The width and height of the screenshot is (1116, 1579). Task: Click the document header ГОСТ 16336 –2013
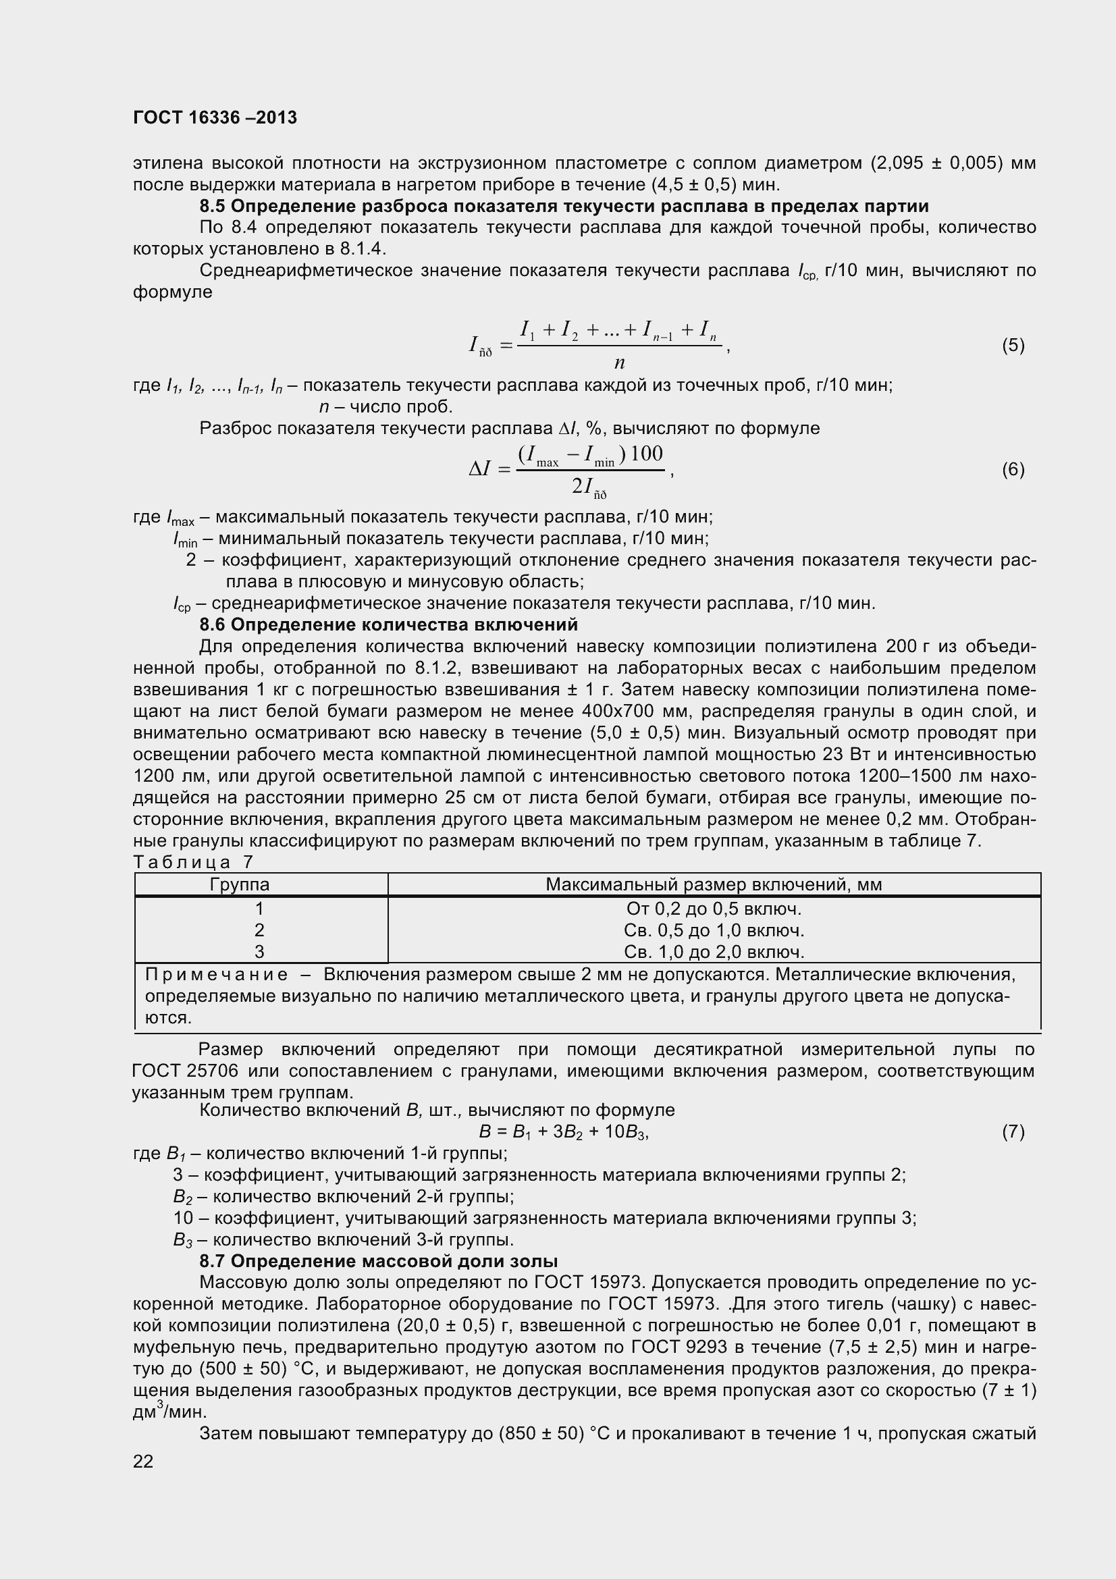215,117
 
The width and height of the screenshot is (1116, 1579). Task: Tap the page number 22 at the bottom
143,1462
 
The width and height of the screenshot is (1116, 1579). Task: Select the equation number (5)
1013,345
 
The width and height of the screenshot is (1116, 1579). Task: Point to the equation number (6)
1013,470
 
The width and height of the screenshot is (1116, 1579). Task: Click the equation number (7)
1013,1132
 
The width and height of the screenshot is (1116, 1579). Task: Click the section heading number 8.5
213,207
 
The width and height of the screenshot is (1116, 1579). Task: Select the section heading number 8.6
213,624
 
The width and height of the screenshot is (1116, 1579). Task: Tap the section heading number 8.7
213,1261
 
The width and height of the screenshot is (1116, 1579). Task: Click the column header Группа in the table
239,884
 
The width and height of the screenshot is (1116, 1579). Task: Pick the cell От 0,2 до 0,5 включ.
714,909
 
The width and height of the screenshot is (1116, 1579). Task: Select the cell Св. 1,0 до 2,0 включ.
714,952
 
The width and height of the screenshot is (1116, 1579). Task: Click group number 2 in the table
259,930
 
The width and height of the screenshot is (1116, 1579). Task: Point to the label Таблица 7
193,861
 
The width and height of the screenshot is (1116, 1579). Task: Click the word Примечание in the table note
217,975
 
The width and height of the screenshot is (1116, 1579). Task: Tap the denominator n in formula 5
619,363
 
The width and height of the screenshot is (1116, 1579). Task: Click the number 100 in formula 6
647,454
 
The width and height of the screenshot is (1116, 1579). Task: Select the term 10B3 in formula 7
625,1132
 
